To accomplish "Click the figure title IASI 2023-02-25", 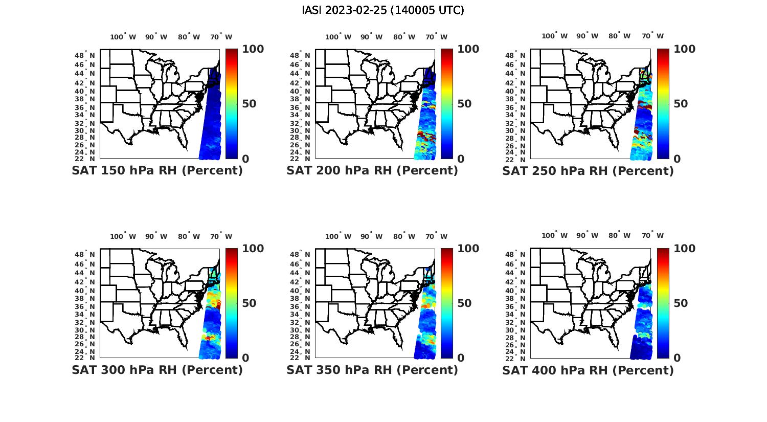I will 383,10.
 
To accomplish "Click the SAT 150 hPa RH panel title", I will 157,171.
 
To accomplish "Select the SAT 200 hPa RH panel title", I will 372,171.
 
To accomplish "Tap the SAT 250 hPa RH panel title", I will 588,171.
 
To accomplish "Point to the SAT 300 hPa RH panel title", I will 157,370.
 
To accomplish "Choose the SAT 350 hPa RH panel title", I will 372,370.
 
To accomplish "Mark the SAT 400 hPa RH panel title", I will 588,370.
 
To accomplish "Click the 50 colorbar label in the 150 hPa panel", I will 249,104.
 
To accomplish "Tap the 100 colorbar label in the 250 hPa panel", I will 685,49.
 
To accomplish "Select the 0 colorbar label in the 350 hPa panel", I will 461,358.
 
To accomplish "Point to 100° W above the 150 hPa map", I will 123,37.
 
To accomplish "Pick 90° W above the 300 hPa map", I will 156,236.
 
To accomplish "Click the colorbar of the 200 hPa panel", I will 447,104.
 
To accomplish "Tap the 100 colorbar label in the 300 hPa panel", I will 253,249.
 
